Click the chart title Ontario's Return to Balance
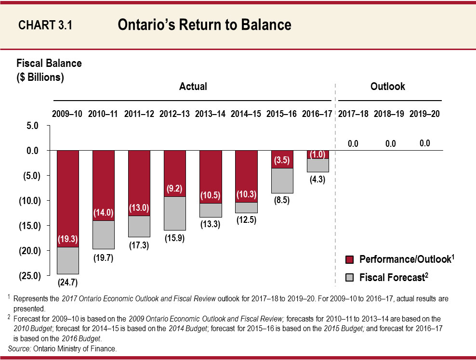click(204, 25)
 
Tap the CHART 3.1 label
click(45, 26)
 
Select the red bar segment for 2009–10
click(68, 193)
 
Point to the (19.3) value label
click(68, 238)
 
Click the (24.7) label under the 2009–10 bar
click(68, 282)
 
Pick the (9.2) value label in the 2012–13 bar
click(175, 189)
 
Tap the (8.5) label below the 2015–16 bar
click(282, 201)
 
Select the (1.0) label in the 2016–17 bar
click(317, 154)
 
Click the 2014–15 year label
click(246, 115)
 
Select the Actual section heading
click(193, 87)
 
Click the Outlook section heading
click(388, 87)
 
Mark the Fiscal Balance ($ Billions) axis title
click(49, 70)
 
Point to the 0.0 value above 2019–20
click(424, 143)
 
